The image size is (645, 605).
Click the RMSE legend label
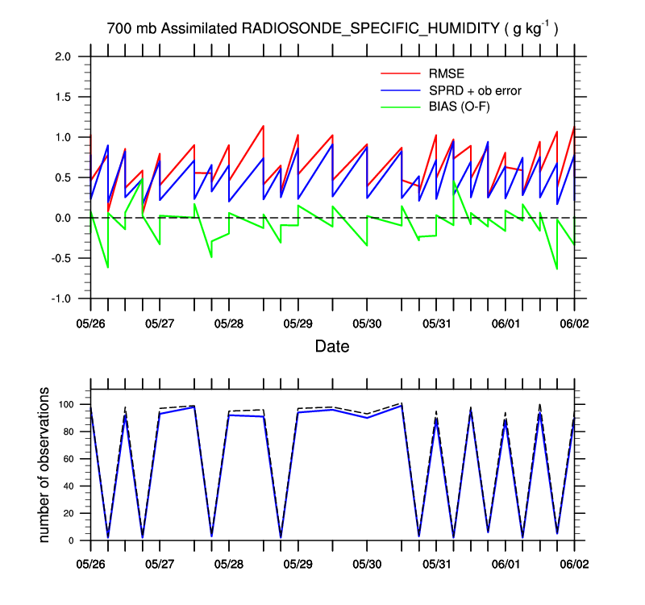coord(446,74)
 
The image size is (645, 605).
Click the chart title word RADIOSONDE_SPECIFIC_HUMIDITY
coord(371,29)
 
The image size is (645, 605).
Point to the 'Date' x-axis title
coord(331,347)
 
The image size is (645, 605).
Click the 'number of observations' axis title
coord(46,465)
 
